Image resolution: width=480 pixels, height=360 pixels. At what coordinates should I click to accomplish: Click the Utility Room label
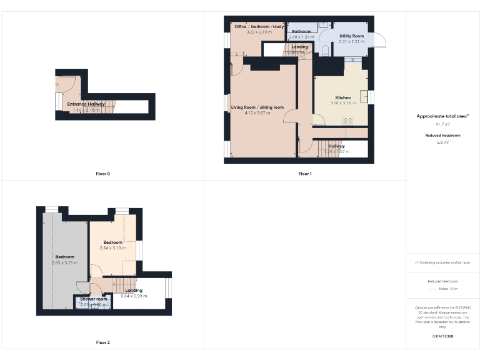pos(351,36)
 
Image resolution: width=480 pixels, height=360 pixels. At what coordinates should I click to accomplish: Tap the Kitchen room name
pos(343,97)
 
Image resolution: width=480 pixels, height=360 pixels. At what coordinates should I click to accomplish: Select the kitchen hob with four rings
pos(348,120)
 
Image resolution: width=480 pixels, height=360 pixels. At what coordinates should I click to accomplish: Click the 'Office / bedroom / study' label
pos(259,27)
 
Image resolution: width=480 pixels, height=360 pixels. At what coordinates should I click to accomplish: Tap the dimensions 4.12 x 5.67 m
pos(257,113)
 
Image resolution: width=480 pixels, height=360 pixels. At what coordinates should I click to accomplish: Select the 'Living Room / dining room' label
pos(257,107)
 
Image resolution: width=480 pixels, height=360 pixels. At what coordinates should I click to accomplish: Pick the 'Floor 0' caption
pos(103,173)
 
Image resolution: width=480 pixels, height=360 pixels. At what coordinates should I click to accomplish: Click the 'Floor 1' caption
pos(304,173)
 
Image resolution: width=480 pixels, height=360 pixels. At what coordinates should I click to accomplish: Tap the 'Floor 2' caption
pos(103,342)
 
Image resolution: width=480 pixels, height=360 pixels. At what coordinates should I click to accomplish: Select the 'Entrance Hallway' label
pos(86,104)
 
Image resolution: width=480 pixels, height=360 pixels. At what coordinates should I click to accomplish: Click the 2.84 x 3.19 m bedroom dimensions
pos(112,247)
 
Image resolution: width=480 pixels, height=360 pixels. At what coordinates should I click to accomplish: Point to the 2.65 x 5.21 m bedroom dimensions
pos(64,262)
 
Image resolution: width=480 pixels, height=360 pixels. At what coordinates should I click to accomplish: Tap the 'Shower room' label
pos(94,299)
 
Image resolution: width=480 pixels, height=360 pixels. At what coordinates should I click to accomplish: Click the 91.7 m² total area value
pos(442,124)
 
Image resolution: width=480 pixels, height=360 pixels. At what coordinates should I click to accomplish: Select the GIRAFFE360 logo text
pos(442,336)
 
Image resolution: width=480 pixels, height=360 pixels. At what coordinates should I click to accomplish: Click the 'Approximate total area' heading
pos(442,116)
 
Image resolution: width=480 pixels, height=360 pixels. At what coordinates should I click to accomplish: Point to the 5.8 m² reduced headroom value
pos(442,142)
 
